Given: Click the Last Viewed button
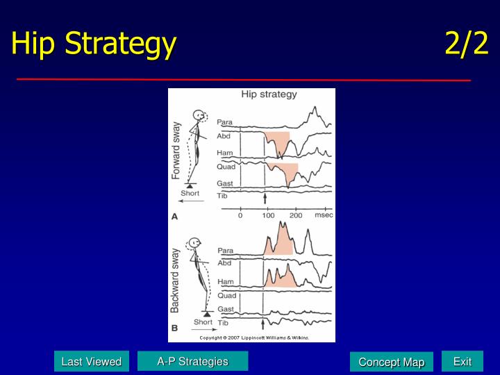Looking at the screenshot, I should [91, 361].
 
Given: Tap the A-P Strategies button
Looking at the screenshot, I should [192, 361].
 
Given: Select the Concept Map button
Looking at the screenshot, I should [391, 362].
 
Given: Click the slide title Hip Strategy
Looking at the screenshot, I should [94, 44].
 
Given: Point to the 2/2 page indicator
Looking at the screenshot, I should [467, 44].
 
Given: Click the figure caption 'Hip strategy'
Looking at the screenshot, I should [269, 94].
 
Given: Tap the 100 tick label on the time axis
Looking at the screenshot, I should [268, 216].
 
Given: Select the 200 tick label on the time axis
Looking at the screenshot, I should [297, 216].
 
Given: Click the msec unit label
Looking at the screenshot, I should [324, 216].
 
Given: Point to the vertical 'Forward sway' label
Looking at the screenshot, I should [176, 151].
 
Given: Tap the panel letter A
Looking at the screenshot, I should [175, 217].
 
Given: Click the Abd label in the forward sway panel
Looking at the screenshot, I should [224, 136].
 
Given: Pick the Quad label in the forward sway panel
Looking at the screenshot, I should [226, 167].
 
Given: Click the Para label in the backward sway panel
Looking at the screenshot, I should [225, 251].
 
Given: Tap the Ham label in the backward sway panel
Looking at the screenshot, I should [226, 282].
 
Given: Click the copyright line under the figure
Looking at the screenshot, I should [254, 337].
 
